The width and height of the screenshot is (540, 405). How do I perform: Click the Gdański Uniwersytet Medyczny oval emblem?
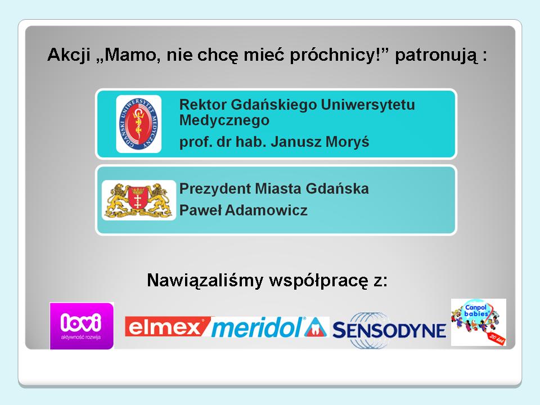(139, 124)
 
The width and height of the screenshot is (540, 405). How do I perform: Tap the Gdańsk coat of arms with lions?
(139, 200)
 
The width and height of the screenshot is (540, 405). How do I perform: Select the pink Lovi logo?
(82, 326)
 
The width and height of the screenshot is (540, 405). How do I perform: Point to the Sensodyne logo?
(389, 330)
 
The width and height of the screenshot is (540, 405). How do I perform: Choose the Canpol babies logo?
(479, 322)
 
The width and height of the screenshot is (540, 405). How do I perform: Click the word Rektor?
(203, 105)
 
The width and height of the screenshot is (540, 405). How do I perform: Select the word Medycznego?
(224, 120)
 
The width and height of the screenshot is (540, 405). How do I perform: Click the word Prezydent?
(215, 189)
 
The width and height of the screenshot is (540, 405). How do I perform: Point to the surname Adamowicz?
(266, 210)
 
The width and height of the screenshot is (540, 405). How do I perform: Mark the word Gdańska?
(337, 188)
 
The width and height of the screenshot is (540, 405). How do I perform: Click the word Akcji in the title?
(69, 55)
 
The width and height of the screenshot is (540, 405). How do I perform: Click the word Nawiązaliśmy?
(205, 280)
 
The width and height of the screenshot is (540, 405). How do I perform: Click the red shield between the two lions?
(138, 199)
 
